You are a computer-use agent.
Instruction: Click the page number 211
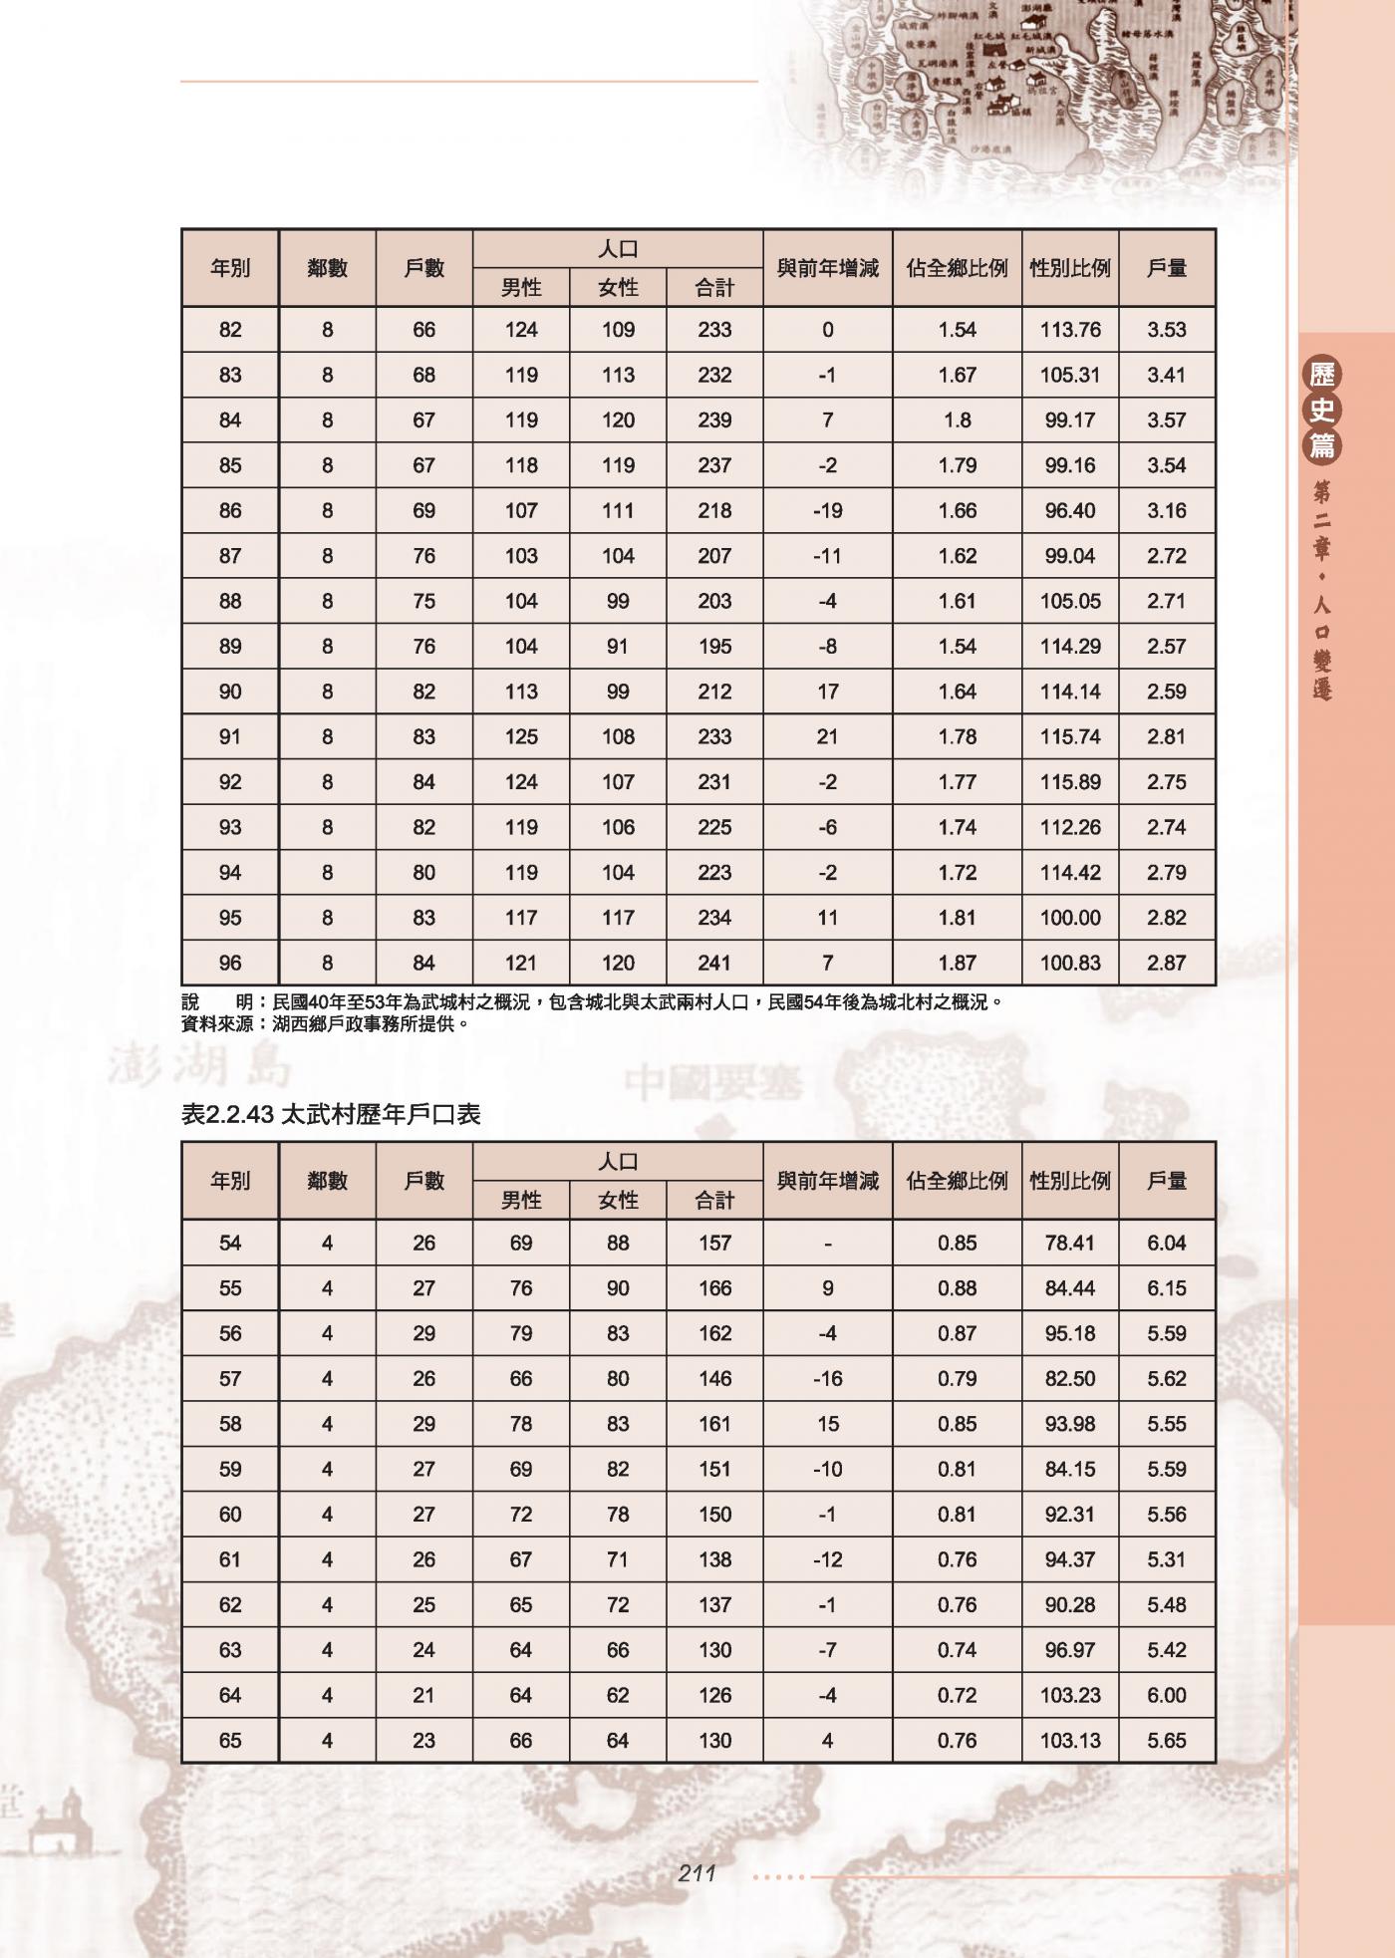pyautogui.click(x=697, y=1873)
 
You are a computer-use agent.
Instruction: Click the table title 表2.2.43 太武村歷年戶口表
pyautogui.click(x=331, y=1114)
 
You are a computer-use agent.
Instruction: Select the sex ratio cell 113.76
pyautogui.click(x=1069, y=330)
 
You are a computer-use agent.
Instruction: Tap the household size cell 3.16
pyautogui.click(x=1166, y=511)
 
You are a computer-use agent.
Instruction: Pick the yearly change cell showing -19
pyautogui.click(x=827, y=511)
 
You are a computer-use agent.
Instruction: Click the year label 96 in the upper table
pyautogui.click(x=230, y=964)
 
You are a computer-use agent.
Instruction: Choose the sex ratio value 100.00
pyautogui.click(x=1069, y=918)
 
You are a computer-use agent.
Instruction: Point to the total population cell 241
pyautogui.click(x=714, y=964)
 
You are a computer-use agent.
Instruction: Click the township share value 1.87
pyautogui.click(x=957, y=964)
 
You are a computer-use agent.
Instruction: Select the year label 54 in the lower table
pyautogui.click(x=230, y=1244)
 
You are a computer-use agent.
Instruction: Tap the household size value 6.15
pyautogui.click(x=1166, y=1288)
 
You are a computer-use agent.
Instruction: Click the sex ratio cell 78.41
pyautogui.click(x=1069, y=1244)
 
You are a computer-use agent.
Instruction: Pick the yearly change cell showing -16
pyautogui.click(x=827, y=1379)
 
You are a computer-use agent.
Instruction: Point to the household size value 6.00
pyautogui.click(x=1166, y=1696)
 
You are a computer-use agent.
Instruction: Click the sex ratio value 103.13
pyautogui.click(x=1069, y=1741)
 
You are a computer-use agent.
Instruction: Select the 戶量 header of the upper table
pyautogui.click(x=1166, y=268)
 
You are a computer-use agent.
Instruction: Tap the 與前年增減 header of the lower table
pyautogui.click(x=827, y=1181)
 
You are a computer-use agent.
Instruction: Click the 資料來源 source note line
pyautogui.click(x=325, y=1023)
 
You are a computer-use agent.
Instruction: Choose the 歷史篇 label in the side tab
pyautogui.click(x=1322, y=410)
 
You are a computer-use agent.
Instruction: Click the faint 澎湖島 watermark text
pyautogui.click(x=199, y=1067)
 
